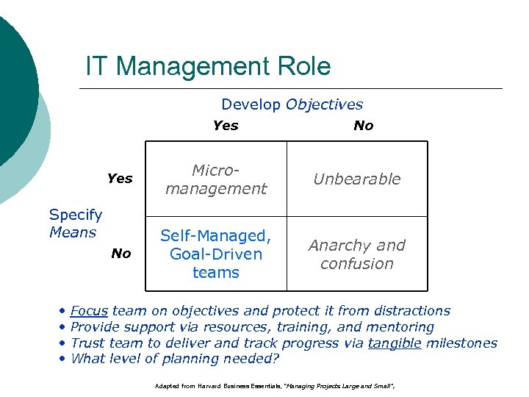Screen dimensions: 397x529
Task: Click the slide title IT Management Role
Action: click(x=208, y=67)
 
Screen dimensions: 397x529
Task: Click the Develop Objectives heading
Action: click(x=292, y=105)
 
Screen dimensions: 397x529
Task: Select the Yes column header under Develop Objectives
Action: click(x=225, y=126)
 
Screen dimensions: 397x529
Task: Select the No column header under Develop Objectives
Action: click(x=363, y=126)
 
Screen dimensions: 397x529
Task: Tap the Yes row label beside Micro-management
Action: click(x=120, y=179)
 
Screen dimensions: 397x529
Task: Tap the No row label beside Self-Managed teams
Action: click(x=120, y=254)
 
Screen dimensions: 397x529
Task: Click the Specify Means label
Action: click(x=75, y=223)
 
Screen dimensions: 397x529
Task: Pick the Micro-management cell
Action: click(x=215, y=179)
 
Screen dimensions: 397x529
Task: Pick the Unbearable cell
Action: click(x=357, y=179)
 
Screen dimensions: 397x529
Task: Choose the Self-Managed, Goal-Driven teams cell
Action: click(x=215, y=254)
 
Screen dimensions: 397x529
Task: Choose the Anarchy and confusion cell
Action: click(x=357, y=254)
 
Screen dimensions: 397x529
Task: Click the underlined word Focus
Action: click(x=88, y=311)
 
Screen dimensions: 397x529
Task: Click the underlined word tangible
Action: click(x=395, y=343)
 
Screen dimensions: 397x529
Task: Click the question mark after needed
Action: click(x=276, y=359)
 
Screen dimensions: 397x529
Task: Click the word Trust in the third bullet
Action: click(x=88, y=343)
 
